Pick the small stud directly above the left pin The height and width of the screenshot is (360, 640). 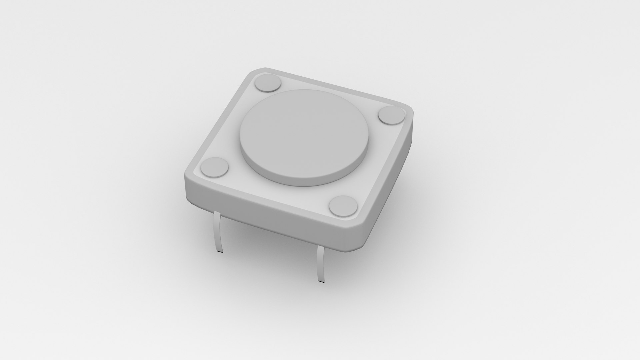pos(215,167)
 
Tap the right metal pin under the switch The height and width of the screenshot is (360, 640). pos(321,263)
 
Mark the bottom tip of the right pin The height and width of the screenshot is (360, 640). pos(321,282)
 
